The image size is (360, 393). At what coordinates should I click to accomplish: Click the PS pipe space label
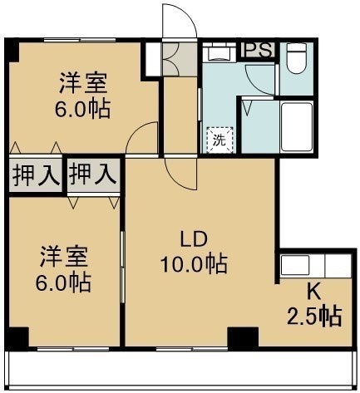(x=258, y=50)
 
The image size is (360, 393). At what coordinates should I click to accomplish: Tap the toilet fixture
(x=297, y=58)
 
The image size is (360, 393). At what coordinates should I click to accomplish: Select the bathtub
(x=297, y=127)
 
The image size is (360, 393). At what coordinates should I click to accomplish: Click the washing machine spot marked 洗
(x=219, y=140)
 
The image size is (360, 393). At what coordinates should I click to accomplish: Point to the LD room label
(x=194, y=239)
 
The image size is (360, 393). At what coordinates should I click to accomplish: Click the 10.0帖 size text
(x=194, y=263)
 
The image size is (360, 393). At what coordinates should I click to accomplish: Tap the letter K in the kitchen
(x=314, y=292)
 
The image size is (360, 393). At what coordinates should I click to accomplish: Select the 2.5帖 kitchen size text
(x=314, y=316)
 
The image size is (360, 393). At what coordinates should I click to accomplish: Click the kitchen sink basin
(x=295, y=265)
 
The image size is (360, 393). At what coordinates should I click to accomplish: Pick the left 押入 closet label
(x=36, y=175)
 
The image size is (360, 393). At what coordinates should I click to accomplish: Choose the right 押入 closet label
(x=93, y=174)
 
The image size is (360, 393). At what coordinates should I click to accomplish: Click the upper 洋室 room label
(x=83, y=82)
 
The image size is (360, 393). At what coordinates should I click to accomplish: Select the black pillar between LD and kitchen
(x=243, y=337)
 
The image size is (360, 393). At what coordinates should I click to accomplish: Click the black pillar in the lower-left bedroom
(x=18, y=337)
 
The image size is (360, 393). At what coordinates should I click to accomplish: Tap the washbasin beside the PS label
(x=219, y=52)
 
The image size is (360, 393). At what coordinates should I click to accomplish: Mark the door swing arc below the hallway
(x=177, y=180)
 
